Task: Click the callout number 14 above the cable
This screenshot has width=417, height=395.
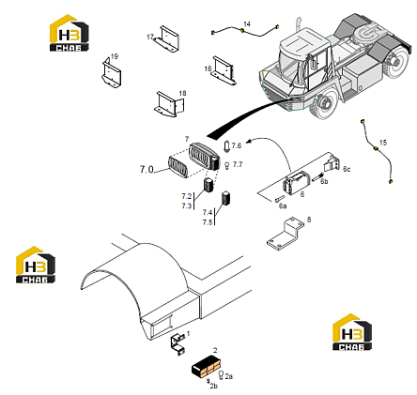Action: point(247,24)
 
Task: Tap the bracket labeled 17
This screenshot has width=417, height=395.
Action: point(167,39)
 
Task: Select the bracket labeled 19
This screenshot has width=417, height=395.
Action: point(111,73)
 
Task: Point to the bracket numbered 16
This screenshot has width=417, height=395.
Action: point(224,70)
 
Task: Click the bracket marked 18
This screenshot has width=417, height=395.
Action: point(169,104)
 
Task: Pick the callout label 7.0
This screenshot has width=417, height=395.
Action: point(147,170)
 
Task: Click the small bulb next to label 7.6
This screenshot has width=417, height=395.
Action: point(226,146)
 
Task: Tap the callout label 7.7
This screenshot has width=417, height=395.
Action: point(238,164)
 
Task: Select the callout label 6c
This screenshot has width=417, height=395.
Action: point(347,169)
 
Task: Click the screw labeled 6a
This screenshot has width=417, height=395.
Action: point(278,198)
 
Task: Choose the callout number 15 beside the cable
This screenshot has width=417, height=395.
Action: point(383,143)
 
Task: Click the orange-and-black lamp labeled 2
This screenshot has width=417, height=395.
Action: point(207,366)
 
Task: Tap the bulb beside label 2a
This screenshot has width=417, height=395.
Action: point(221,374)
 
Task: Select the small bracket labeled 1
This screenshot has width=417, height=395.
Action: point(178,344)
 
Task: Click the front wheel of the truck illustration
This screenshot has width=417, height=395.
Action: point(323,104)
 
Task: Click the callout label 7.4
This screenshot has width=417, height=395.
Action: point(208,212)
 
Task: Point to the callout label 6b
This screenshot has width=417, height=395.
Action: point(324,181)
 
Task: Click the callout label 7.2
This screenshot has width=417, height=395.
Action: point(187,196)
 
